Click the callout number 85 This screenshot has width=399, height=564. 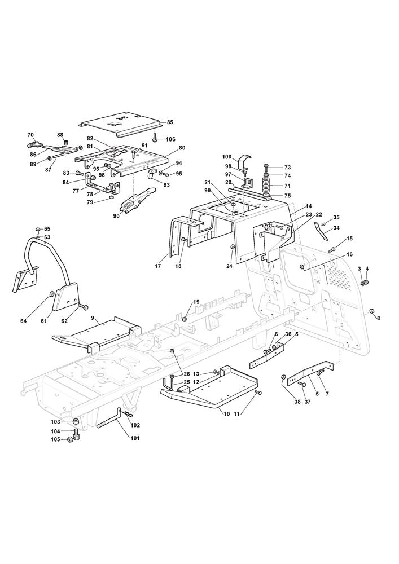170,122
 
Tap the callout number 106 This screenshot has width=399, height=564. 170,139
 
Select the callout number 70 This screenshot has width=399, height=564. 30,135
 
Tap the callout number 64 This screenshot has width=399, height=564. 23,321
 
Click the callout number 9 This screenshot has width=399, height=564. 93,318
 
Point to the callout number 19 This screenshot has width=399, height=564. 196,302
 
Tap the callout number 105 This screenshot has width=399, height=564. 55,439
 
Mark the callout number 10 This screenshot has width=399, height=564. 227,414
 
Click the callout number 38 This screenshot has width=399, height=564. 297,402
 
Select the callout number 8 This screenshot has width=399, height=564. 378,318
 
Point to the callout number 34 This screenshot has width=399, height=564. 336,228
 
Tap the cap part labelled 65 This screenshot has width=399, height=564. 38,229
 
